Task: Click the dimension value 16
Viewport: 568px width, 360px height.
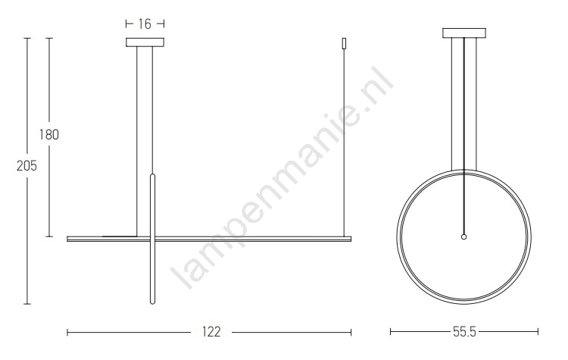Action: pos(145,24)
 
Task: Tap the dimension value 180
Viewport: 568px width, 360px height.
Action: pos(49,134)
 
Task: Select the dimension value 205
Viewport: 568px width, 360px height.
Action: pos(27,166)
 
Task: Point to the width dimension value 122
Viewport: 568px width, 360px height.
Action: pos(211,332)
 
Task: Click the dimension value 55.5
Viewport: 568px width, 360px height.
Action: pos(464,331)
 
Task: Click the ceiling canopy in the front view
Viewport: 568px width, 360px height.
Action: pos(145,42)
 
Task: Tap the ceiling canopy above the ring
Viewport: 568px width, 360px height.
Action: pos(464,33)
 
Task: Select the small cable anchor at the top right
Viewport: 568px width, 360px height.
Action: pos(344,43)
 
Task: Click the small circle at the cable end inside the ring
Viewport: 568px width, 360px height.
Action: pos(463,237)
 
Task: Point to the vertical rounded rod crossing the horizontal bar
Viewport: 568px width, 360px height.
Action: pos(152,239)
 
